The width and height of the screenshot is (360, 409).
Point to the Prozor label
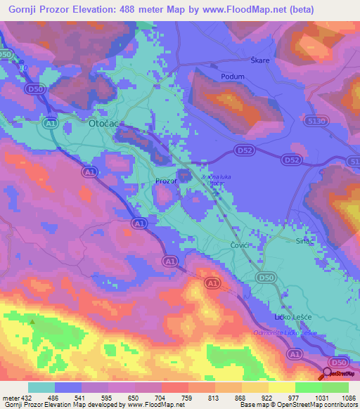pos(165,181)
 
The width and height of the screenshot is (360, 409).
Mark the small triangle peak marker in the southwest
pos(32,323)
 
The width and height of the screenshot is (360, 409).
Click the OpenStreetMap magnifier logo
pos(327,374)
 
